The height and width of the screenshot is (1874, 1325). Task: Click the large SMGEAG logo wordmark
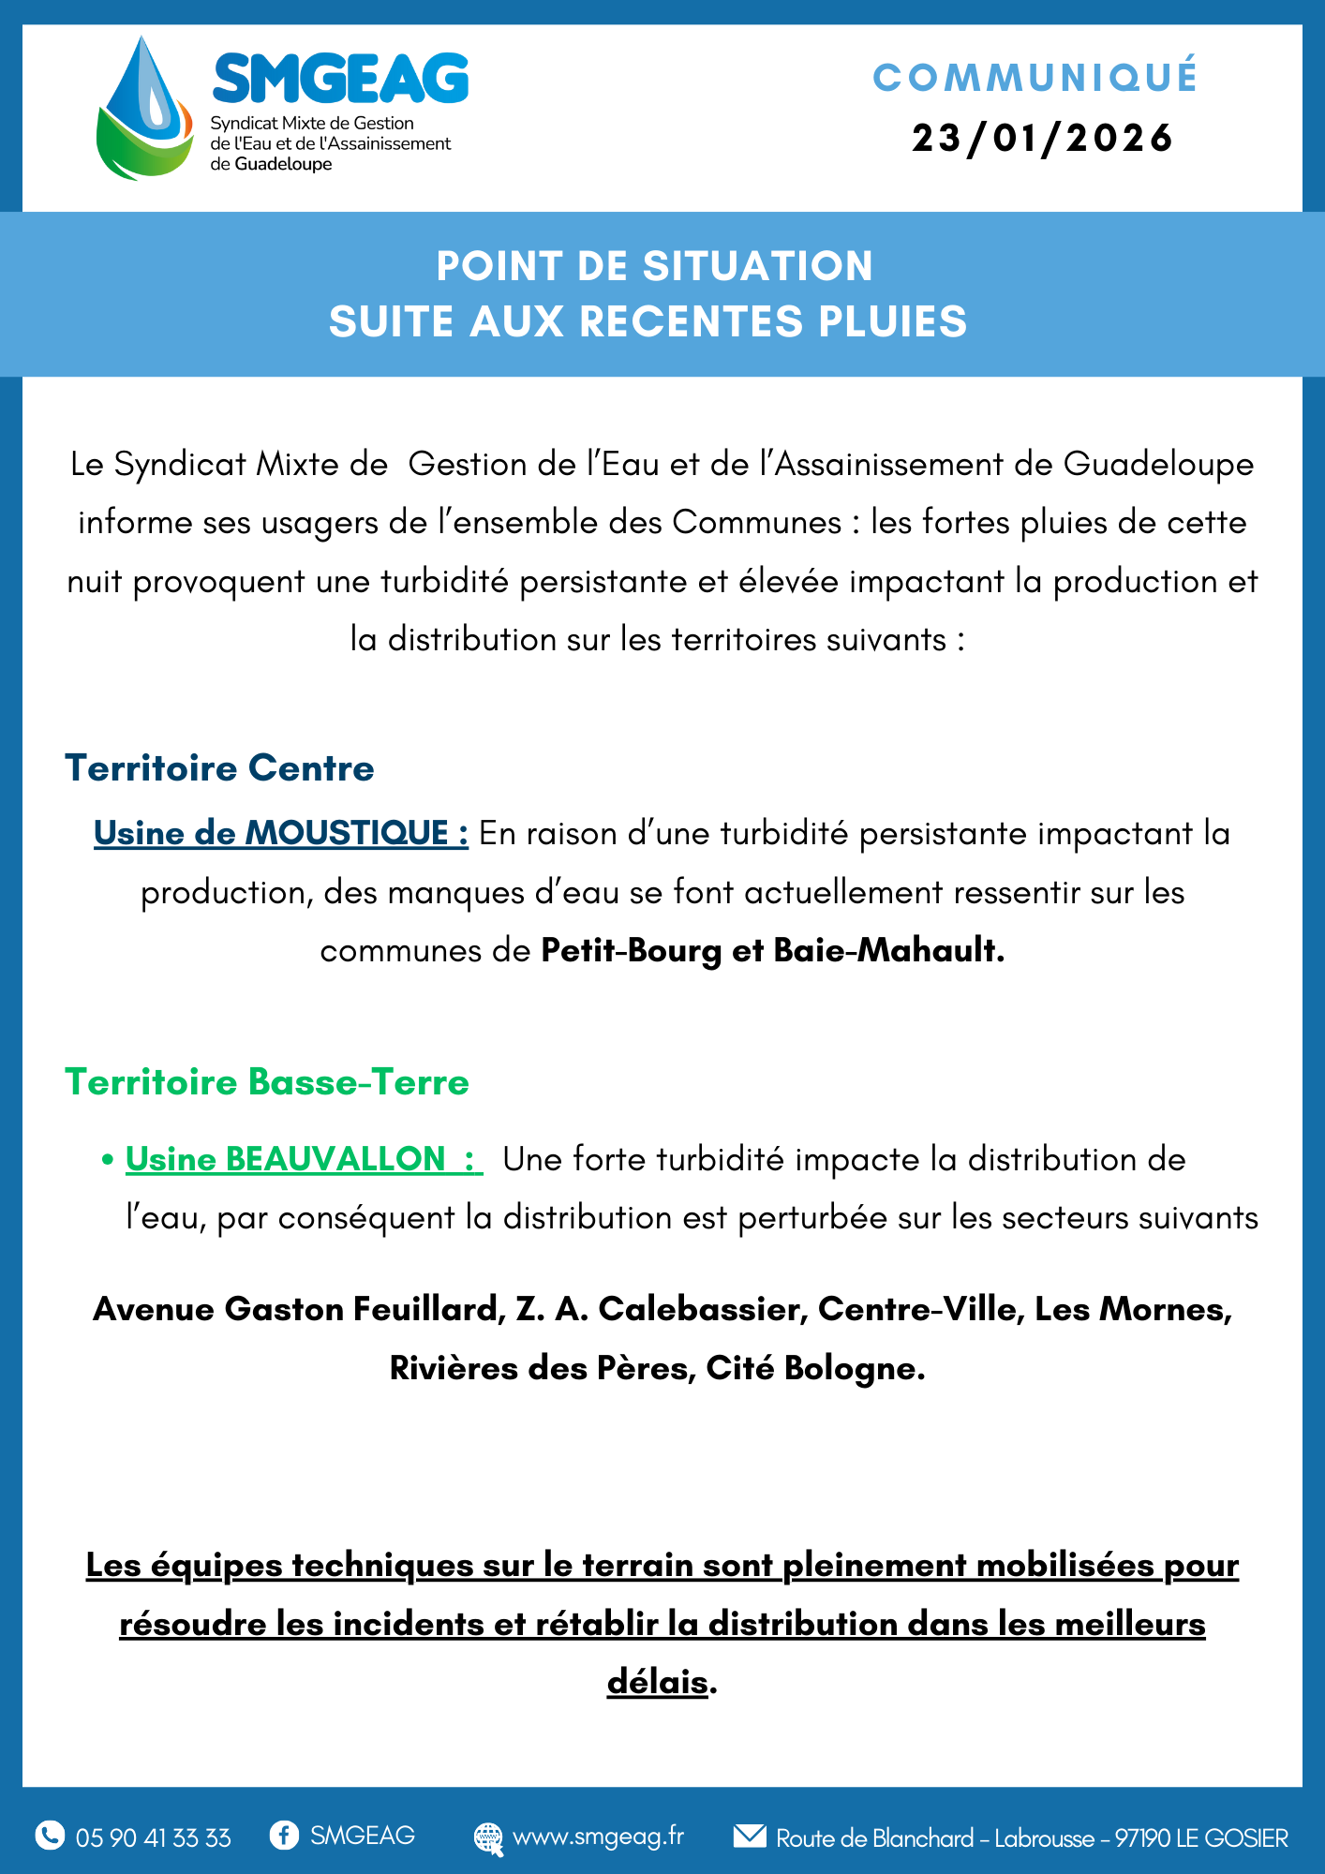pyautogui.click(x=340, y=79)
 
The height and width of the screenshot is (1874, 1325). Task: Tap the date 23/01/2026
pyautogui.click(x=1042, y=139)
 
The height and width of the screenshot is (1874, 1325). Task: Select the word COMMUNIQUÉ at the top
pyautogui.click(x=1035, y=78)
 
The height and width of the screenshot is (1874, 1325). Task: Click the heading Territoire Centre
pyautogui.click(x=219, y=768)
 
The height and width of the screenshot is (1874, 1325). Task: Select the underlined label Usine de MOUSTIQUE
pyautogui.click(x=280, y=833)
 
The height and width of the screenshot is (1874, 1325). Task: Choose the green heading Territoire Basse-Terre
pyautogui.click(x=267, y=1082)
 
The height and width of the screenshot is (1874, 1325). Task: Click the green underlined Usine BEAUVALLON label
pyautogui.click(x=304, y=1159)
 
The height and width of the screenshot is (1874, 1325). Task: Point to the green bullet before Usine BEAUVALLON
pyautogui.click(x=108, y=1160)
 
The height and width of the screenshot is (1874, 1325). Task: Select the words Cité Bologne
pyautogui.click(x=815, y=1368)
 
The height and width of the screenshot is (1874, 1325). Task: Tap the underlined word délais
pyautogui.click(x=657, y=1682)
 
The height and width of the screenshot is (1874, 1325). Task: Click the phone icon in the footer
pyautogui.click(x=50, y=1836)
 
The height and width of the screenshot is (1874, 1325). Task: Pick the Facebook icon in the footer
pyautogui.click(x=284, y=1835)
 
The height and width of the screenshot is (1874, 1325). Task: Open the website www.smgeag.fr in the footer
pyautogui.click(x=598, y=1837)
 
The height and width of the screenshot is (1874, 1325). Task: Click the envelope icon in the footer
pyautogui.click(x=750, y=1836)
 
